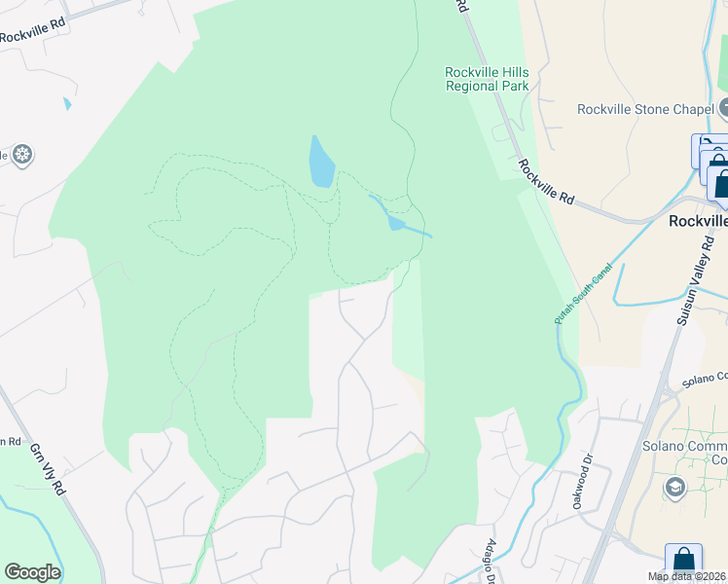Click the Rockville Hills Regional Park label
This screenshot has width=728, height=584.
click(x=487, y=79)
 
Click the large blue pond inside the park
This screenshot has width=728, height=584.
click(x=321, y=162)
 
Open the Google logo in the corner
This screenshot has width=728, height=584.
click(x=32, y=572)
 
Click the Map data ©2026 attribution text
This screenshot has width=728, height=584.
click(x=686, y=576)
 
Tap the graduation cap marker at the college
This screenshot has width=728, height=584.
click(x=673, y=486)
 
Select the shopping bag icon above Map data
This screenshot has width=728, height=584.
click(x=683, y=560)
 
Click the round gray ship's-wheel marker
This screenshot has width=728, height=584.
click(x=22, y=154)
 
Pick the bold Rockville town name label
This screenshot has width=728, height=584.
click(x=697, y=221)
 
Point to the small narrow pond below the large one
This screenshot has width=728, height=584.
click(x=394, y=221)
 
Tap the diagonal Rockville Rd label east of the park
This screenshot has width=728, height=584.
click(x=546, y=182)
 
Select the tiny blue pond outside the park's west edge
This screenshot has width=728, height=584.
click(x=66, y=102)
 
